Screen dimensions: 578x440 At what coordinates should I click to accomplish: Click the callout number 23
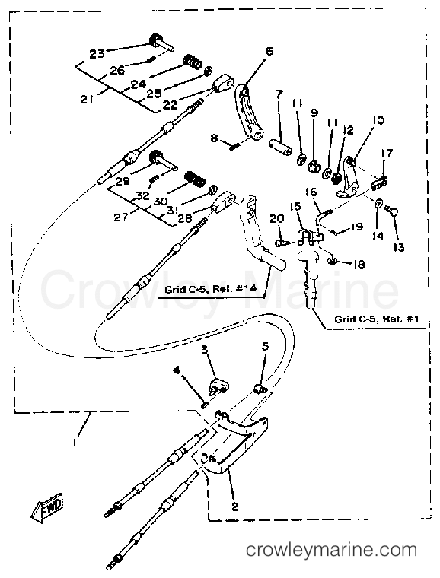pos(97,53)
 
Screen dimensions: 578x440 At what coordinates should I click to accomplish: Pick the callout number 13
pos(400,247)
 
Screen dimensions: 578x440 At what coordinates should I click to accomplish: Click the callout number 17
pos(387,153)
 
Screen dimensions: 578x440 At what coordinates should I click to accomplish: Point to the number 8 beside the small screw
pos(215,139)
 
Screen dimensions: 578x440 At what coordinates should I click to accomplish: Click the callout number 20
pos(276,218)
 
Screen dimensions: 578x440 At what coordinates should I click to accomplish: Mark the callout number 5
pos(264,348)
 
